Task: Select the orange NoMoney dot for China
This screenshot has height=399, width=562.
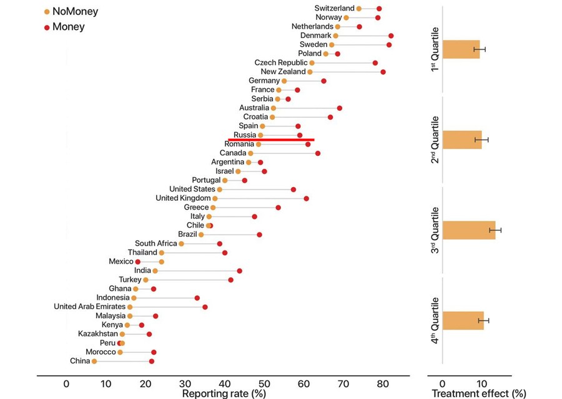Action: (x=94, y=362)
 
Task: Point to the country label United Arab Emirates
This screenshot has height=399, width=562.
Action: (x=89, y=307)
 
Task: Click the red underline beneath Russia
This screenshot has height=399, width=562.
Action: (x=271, y=140)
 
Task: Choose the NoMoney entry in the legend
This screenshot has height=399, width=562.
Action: (x=70, y=11)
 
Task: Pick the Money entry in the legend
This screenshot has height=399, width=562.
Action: (x=64, y=27)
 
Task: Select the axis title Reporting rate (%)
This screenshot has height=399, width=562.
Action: (x=224, y=394)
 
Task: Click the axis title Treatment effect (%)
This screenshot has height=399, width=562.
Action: (x=479, y=394)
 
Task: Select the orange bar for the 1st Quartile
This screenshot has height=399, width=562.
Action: (x=461, y=49)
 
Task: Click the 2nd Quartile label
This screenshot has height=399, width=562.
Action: (x=435, y=140)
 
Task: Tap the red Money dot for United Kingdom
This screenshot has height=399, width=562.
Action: (x=306, y=198)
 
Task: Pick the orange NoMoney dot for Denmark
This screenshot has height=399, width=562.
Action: (x=336, y=36)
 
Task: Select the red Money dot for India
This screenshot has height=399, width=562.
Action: (x=239, y=271)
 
